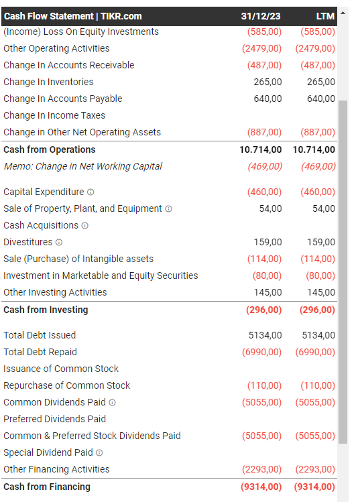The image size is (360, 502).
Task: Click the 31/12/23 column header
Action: (261, 16)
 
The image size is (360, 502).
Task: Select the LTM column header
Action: (325, 16)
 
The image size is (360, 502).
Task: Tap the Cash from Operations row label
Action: (50, 149)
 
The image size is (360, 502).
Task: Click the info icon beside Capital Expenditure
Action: (91, 192)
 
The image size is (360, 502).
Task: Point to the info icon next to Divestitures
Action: (59, 243)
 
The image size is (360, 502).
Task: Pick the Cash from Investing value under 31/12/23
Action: (264, 310)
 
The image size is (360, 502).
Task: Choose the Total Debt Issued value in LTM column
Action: (318, 335)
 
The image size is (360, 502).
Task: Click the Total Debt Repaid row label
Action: (40, 352)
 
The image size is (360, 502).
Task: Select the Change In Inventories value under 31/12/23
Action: (267, 82)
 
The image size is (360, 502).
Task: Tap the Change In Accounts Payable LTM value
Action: (321, 99)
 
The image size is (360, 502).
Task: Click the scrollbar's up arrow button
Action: (343, 13)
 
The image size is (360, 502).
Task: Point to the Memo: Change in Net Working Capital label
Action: (82, 166)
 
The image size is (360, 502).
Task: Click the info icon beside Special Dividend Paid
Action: (99, 452)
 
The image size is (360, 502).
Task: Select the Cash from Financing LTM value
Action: (314, 487)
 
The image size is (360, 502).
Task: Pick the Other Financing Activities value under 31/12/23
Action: (261, 469)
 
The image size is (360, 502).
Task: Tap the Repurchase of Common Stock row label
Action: (66, 385)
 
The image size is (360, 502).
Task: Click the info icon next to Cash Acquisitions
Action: (85, 226)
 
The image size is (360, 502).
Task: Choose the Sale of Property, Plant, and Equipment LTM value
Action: (324, 208)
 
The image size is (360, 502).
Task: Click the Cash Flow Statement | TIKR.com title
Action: (72, 16)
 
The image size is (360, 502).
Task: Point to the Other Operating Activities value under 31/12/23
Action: (261, 48)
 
